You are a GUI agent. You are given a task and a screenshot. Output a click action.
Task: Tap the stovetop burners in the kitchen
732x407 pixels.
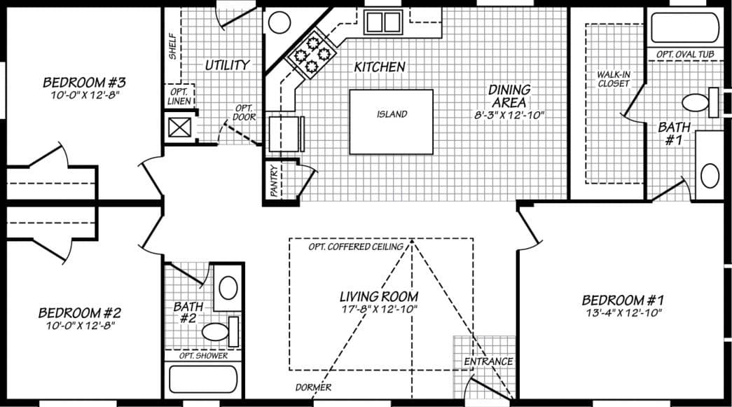(312, 53)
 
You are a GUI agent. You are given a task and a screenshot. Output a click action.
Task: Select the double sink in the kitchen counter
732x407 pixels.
(382, 22)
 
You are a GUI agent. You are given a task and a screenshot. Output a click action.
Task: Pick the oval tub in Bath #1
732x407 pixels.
(685, 28)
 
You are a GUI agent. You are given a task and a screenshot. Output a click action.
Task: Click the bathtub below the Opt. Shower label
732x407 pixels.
(202, 379)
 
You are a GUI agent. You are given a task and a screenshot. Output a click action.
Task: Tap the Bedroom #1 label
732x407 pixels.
(622, 300)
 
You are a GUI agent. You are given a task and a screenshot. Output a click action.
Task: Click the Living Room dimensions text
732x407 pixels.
(378, 308)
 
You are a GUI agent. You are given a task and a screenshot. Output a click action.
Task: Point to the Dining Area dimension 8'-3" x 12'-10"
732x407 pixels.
(509, 114)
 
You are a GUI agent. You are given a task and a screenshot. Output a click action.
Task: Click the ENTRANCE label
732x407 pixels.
(488, 361)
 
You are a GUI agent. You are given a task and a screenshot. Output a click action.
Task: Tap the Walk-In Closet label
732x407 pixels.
(613, 78)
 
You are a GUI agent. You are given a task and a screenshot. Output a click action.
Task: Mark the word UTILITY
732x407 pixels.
(227, 65)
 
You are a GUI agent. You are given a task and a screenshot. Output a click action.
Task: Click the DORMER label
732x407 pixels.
(313, 387)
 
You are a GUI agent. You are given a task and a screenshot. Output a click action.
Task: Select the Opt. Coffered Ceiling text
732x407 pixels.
(356, 247)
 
